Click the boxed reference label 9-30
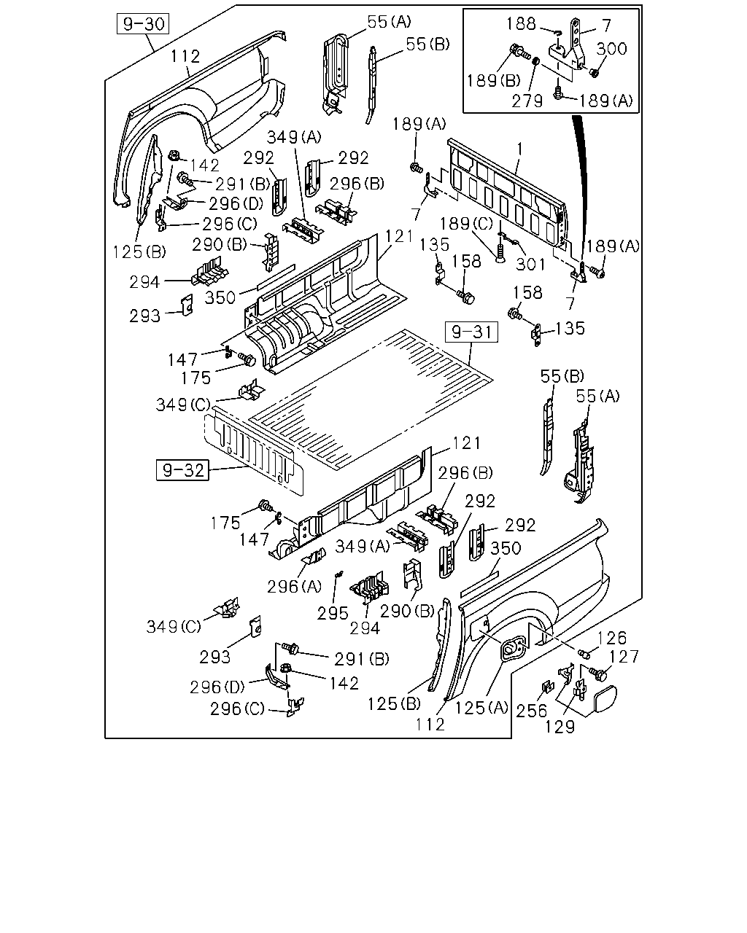(143, 24)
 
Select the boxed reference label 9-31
(471, 332)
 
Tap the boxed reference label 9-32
(182, 470)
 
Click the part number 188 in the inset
(521, 24)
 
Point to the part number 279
(527, 101)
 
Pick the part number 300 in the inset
(611, 49)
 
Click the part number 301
(530, 264)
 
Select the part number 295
(333, 613)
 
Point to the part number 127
(624, 657)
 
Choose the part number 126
(612, 638)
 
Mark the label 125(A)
(481, 708)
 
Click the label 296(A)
(294, 587)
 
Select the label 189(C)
(467, 224)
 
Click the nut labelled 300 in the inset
(594, 73)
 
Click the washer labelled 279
(536, 61)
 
